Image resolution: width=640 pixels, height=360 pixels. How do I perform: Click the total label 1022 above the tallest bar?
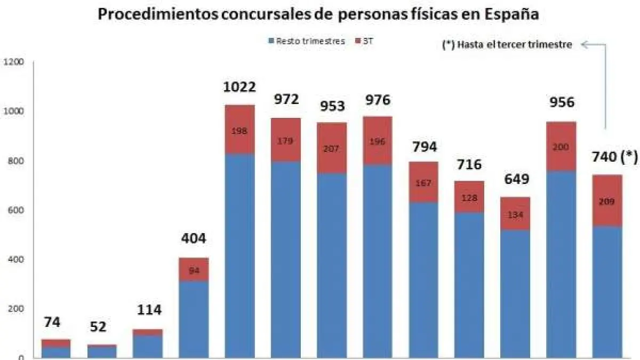(240, 87)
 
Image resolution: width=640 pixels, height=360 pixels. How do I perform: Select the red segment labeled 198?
(240, 130)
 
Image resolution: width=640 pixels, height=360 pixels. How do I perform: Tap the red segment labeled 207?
(332, 148)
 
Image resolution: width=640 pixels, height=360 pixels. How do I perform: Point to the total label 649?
(516, 179)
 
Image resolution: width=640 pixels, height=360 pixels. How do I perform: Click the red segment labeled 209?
(607, 201)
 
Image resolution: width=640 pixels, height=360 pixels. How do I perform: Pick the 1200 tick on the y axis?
(13, 62)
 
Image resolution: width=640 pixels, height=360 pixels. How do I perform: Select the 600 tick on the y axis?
(15, 210)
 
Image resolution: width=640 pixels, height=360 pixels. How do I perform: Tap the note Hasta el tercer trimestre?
(507, 45)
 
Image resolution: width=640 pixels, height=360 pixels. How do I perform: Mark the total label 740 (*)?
(614, 157)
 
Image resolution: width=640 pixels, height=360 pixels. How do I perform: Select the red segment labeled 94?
(194, 269)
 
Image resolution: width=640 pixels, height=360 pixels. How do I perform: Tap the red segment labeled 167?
(423, 182)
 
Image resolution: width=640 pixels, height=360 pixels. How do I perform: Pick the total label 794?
(423, 146)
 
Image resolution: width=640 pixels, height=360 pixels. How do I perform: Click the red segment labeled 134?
(516, 214)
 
